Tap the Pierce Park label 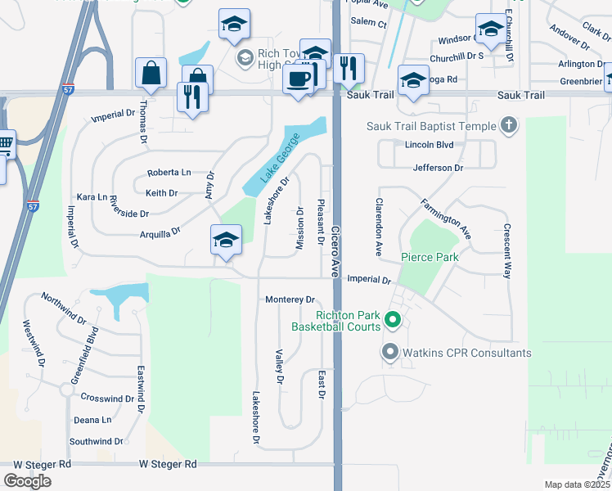430,257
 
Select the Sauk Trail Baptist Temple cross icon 509,125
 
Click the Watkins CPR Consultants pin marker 389,353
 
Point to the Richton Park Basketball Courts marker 392,321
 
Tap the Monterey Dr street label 290,300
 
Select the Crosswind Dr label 107,398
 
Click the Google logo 28,481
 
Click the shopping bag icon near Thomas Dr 151,73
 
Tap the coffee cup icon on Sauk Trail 298,79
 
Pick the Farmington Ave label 446,218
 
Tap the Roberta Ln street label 169,173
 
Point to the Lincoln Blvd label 429,145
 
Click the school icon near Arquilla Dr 225,240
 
